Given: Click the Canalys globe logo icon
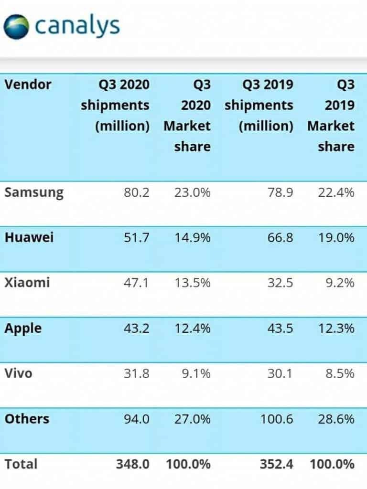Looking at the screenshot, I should click(16, 27).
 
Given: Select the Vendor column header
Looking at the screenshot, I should click(28, 85).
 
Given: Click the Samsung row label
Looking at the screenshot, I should click(33, 192).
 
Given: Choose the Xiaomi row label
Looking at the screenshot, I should click(27, 283).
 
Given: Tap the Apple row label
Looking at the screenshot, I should click(23, 329).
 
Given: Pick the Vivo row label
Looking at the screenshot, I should click(19, 373).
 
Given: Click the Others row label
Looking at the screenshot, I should click(27, 419).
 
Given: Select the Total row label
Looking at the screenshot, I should click(21, 464).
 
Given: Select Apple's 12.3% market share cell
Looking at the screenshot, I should click(336, 329).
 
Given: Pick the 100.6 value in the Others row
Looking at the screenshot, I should click(277, 419).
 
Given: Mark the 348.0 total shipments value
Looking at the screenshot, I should click(133, 464).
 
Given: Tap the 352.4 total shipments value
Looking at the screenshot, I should click(276, 464).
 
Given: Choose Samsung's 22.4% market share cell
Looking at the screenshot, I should click(336, 193).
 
